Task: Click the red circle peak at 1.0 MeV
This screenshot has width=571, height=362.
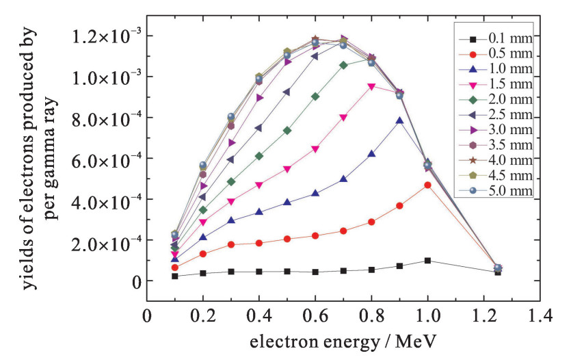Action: tap(427, 185)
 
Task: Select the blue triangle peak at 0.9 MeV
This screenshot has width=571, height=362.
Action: tap(399, 120)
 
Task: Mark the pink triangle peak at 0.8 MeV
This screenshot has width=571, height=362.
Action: tap(371, 87)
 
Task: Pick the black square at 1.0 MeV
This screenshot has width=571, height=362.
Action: tap(427, 261)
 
